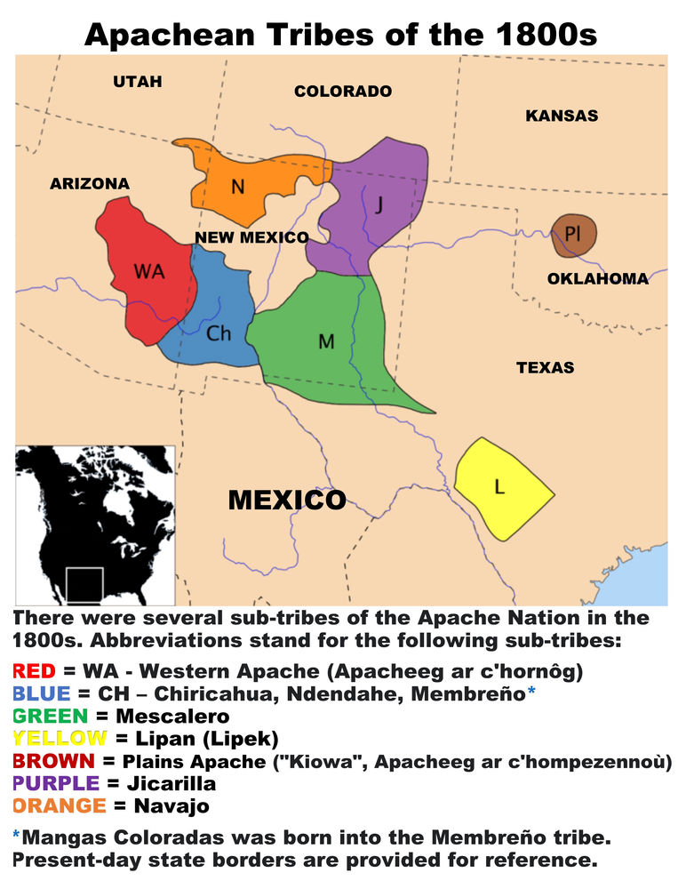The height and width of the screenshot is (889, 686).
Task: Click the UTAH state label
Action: [x=138, y=82]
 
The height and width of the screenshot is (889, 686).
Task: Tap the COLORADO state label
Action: [x=343, y=92]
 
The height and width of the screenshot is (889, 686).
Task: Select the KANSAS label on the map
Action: [x=562, y=116]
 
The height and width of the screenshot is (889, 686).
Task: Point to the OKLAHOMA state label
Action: [x=597, y=279]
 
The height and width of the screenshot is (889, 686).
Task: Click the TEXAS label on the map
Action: [x=545, y=367]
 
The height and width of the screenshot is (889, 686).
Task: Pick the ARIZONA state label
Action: [x=90, y=184]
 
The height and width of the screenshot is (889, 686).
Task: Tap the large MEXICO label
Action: [x=287, y=500]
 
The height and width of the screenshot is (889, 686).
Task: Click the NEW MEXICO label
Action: [x=251, y=237]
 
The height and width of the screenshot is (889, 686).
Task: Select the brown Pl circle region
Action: [x=573, y=236]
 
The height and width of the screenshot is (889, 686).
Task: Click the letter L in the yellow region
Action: [x=499, y=486]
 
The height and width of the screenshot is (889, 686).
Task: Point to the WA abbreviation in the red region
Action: [x=149, y=272]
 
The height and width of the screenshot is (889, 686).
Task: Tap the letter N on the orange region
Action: [x=237, y=187]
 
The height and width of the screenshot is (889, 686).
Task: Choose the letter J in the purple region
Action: [x=379, y=205]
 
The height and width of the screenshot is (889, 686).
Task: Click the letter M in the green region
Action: [x=326, y=341]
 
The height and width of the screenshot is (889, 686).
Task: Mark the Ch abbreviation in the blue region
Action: [x=219, y=333]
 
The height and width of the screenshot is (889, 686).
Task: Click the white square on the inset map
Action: [x=84, y=584]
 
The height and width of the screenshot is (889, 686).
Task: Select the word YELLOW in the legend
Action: [x=60, y=738]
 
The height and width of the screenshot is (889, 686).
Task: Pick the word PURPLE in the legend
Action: [x=57, y=785]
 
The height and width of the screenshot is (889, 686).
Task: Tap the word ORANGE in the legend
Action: [x=61, y=807]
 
